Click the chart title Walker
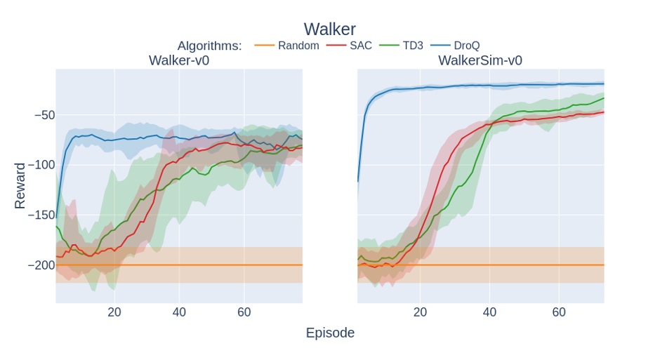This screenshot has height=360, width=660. pos(329,29)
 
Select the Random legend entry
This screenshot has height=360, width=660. pos(286,46)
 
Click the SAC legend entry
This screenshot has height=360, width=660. pos(350,46)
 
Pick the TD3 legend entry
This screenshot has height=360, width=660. pos(402,46)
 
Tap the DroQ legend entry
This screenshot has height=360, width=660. pos(455,46)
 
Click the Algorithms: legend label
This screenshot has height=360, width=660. pos(209,46)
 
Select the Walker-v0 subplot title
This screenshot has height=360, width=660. pos(178,60)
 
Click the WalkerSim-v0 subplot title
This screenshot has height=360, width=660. pos(480,60)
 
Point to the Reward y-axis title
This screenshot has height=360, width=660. pos(20,186)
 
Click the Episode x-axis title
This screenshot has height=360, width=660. pos(330,333)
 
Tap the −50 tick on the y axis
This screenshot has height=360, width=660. pos(41,115)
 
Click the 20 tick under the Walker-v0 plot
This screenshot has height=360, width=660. pos(114,312)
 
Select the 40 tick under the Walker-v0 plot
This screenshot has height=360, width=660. pos(180,312)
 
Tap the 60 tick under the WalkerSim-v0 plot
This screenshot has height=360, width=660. pos(559,312)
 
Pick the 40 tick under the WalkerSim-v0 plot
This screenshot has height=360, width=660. pos(489,312)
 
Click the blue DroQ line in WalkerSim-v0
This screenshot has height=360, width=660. pos(491,85)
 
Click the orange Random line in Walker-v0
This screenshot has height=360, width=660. pos(211,265)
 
